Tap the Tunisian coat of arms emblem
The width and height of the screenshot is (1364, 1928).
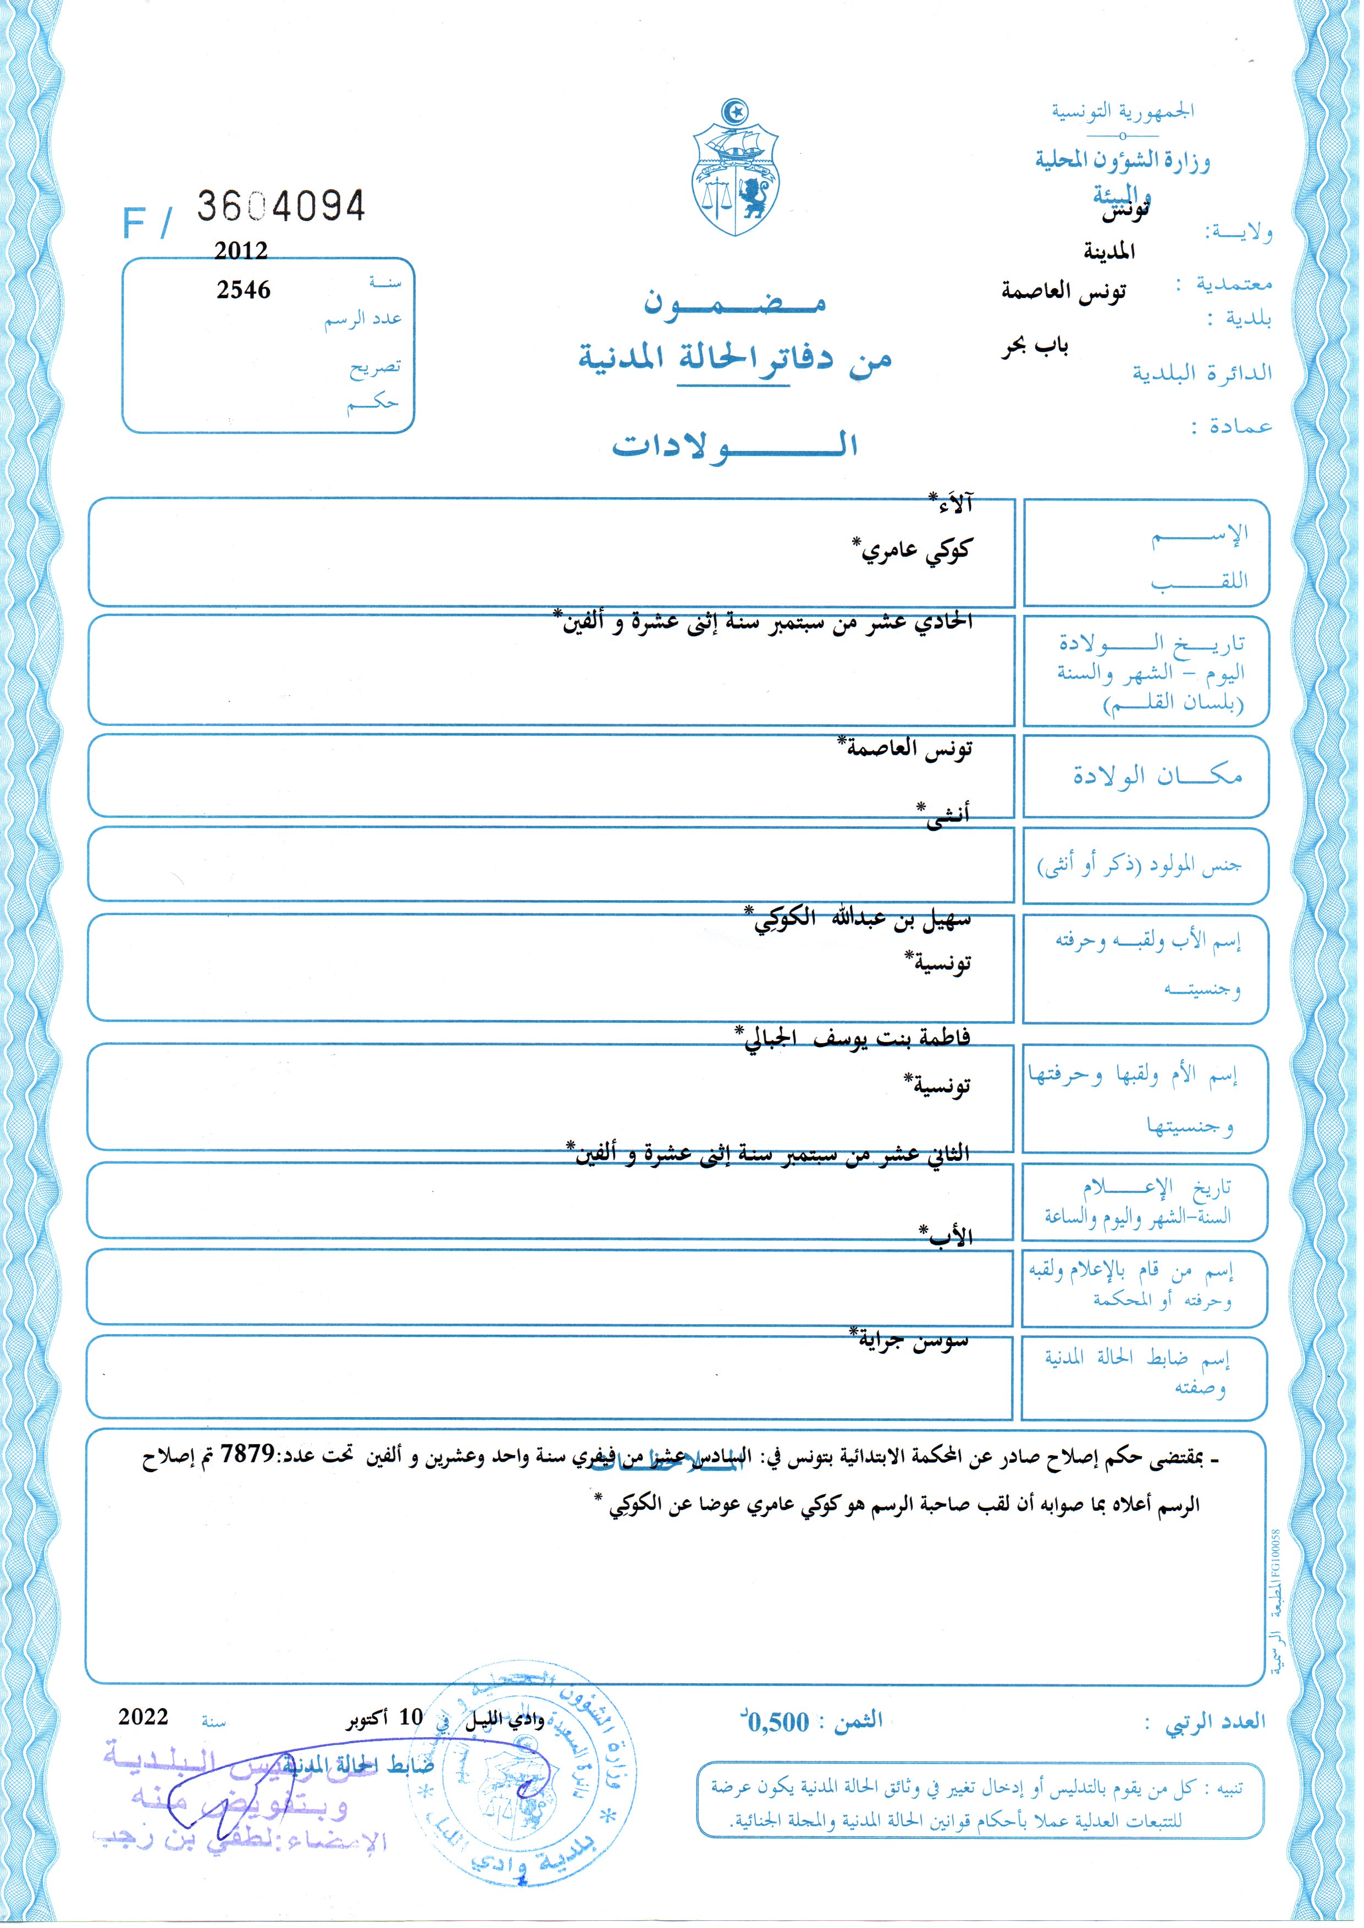[735, 170]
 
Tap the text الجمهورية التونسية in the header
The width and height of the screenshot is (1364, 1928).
[1122, 111]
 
